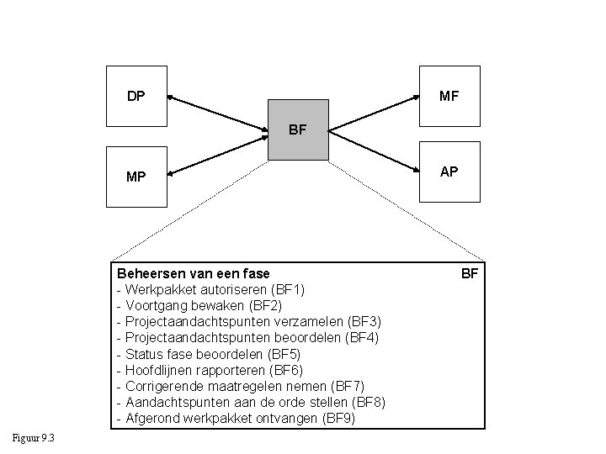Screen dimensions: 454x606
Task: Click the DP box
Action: tap(136, 97)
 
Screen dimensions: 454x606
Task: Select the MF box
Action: tap(449, 97)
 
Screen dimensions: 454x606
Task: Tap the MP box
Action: tap(136, 177)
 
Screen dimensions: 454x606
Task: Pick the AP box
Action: tap(449, 172)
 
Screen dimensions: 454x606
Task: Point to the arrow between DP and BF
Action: tap(219, 113)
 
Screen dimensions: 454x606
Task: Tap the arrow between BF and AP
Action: tap(374, 152)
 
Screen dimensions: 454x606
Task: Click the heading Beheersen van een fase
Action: tap(194, 273)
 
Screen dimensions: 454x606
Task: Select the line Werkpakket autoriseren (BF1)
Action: tap(210, 289)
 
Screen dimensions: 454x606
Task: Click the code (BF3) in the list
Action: tap(364, 321)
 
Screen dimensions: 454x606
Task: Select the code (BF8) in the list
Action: tap(367, 402)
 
